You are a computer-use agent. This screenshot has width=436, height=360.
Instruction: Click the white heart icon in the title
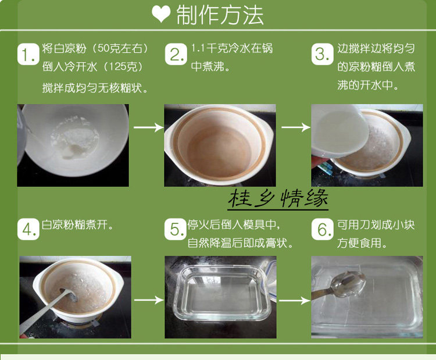click(161, 14)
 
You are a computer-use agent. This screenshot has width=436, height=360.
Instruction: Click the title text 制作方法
click(220, 15)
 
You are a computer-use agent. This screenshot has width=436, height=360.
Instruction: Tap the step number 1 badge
click(28, 54)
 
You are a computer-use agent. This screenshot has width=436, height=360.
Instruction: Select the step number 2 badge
click(176, 54)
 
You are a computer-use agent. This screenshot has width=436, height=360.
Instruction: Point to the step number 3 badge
click(322, 54)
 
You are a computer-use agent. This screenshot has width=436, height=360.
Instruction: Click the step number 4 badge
click(28, 229)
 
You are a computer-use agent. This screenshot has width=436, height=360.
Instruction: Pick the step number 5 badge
click(175, 229)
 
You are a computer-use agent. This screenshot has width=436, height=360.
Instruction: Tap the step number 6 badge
click(322, 229)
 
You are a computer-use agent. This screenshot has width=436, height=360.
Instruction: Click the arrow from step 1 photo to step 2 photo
click(149, 127)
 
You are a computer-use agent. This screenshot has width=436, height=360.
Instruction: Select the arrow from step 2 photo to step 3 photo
click(296, 127)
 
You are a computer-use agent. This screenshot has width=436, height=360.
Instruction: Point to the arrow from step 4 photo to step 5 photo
click(149, 300)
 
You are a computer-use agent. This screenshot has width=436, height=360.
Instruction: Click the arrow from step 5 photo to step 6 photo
click(294, 301)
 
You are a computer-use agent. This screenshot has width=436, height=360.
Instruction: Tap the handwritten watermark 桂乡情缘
click(278, 199)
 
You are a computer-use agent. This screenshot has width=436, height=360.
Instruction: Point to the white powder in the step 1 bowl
click(74, 138)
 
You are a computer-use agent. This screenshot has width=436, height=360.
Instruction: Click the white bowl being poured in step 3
click(339, 131)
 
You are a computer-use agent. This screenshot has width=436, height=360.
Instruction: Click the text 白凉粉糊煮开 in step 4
click(74, 225)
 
